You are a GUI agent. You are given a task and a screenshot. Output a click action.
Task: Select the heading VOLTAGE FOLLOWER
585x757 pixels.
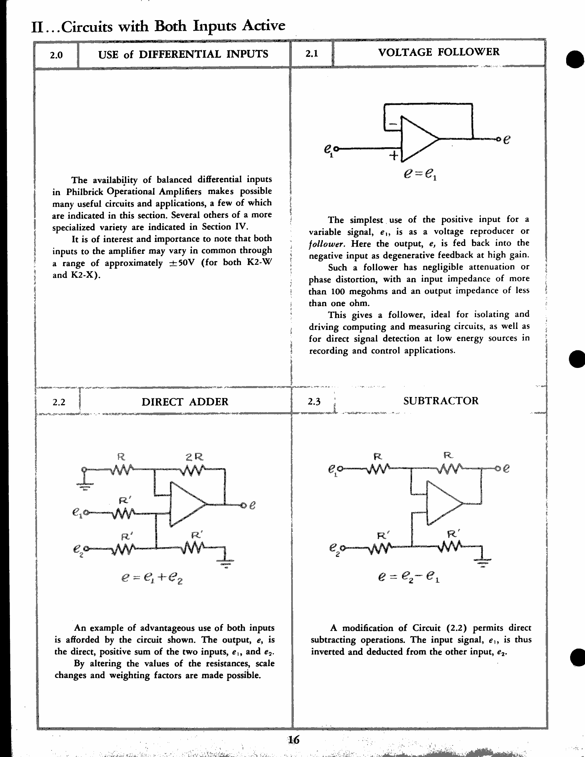click(439, 52)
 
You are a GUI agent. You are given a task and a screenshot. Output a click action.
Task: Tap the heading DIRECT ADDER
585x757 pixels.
click(185, 402)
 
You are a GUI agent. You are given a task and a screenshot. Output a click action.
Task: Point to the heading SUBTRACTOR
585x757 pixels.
click(441, 401)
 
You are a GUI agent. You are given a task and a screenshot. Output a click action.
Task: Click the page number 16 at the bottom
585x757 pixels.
click(293, 740)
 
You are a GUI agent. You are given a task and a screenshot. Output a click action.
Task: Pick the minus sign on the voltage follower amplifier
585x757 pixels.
click(393, 123)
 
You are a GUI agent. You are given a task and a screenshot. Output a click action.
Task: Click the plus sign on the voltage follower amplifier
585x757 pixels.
click(394, 156)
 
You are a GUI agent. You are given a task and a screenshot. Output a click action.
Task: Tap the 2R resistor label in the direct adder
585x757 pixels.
click(194, 457)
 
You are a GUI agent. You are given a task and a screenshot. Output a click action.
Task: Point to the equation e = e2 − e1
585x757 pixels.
click(409, 577)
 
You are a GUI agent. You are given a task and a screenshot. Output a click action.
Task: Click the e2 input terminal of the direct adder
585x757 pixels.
click(86, 548)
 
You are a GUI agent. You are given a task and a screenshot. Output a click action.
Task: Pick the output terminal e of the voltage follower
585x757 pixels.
click(499, 139)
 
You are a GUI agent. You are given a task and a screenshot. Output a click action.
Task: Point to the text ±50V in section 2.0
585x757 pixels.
click(181, 263)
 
